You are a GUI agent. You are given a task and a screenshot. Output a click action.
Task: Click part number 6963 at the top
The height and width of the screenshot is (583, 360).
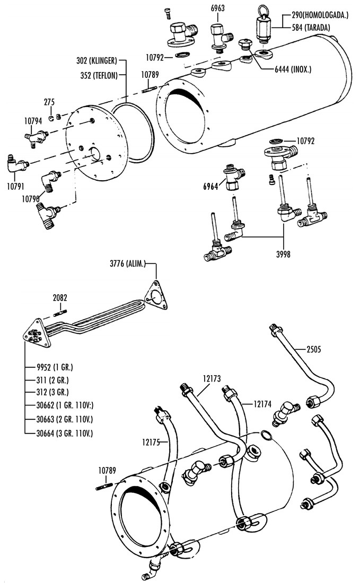(218, 8)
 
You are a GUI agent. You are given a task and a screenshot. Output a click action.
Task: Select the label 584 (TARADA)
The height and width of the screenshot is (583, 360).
(311, 28)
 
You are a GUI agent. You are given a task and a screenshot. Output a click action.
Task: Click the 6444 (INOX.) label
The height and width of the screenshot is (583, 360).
(292, 69)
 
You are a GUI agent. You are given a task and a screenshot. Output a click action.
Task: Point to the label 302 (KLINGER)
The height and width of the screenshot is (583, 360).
(96, 60)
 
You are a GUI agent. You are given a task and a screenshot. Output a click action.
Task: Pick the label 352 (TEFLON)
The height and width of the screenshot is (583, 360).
(99, 75)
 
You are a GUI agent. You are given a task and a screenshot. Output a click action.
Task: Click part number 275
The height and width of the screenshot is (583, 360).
(49, 102)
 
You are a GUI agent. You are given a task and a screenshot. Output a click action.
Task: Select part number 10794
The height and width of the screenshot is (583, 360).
(33, 121)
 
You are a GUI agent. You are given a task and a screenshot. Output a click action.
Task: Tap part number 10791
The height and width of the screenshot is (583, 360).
(16, 186)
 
